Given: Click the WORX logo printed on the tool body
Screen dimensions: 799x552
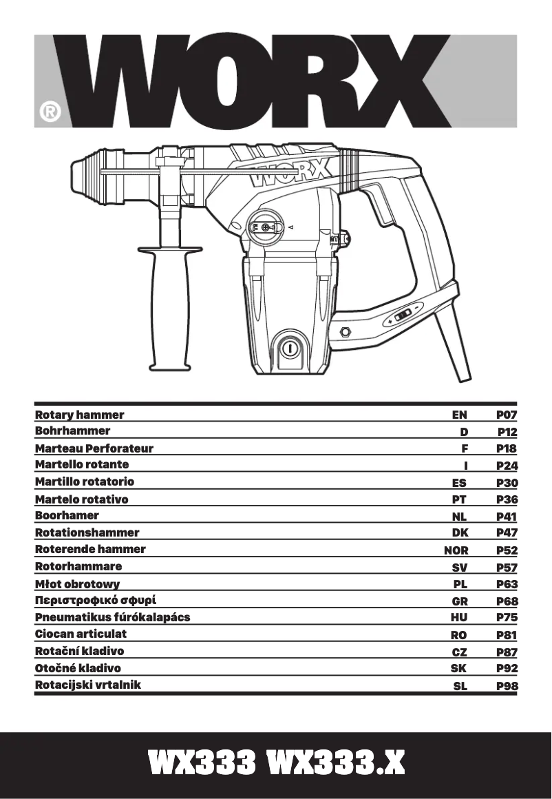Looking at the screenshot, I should click(x=290, y=174).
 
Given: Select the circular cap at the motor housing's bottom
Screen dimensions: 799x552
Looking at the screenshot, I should click(x=290, y=349).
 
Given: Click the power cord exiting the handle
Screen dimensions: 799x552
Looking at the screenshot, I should click(x=455, y=348).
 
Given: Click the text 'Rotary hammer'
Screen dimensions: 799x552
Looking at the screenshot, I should click(x=80, y=415).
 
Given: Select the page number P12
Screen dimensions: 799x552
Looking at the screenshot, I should click(x=507, y=432).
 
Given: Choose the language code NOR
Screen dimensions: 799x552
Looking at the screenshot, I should click(x=456, y=550).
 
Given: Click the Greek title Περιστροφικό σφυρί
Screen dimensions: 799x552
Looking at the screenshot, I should click(x=100, y=601).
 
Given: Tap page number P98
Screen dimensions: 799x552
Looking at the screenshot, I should click(x=507, y=686).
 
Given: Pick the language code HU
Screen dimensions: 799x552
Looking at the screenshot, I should click(x=458, y=618).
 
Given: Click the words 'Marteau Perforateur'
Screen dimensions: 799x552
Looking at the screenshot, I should click(x=94, y=448).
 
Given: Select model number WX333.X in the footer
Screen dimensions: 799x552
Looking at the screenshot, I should click(x=336, y=764).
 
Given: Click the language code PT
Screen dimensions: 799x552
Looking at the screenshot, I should click(x=459, y=499).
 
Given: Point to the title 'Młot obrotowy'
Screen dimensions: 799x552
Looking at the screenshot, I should click(x=77, y=584).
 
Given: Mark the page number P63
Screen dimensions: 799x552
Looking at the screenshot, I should click(x=507, y=584).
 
